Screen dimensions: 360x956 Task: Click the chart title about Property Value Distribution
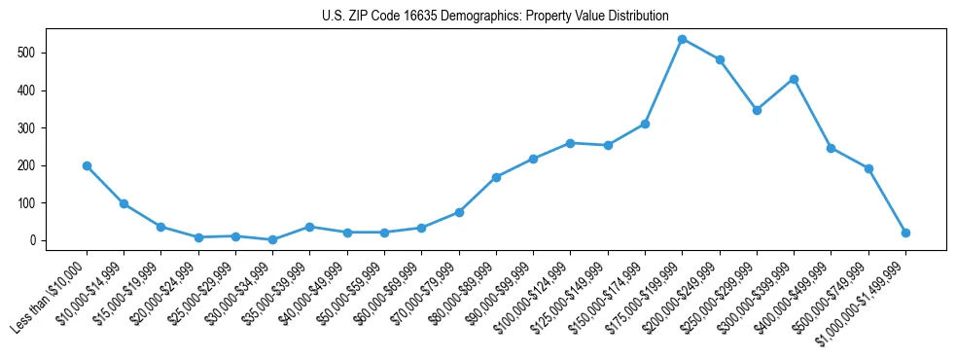tap(495, 16)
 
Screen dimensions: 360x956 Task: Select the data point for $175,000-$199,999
tap(683, 39)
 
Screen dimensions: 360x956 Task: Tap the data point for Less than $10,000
tap(87, 165)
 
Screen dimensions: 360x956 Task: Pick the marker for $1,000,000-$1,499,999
tap(905, 233)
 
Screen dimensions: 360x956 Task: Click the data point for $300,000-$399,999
tap(794, 79)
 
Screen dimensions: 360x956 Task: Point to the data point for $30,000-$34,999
tap(272, 239)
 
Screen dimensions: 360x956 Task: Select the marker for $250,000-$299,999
tap(757, 110)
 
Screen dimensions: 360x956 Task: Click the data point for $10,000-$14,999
tap(124, 203)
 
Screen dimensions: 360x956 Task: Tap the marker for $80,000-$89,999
tap(496, 177)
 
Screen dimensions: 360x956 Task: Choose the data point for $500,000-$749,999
tap(868, 168)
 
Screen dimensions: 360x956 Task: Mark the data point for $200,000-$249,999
tap(720, 59)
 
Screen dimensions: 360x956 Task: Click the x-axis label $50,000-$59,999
tap(349, 290)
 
